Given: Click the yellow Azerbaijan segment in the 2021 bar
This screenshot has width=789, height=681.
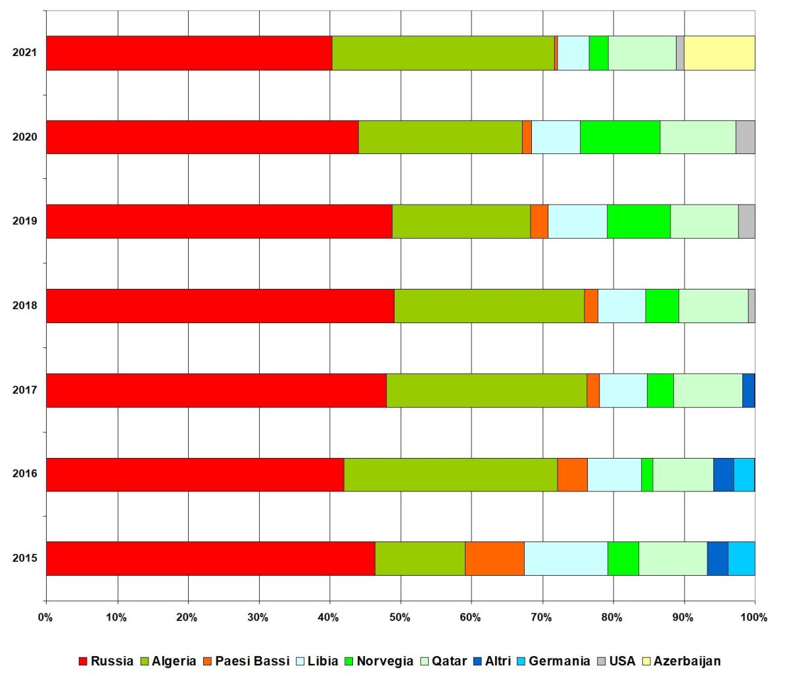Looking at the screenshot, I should tap(719, 53).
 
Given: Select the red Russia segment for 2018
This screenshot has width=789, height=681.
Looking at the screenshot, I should tap(220, 305).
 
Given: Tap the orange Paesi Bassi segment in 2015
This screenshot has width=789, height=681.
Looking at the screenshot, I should tap(494, 558).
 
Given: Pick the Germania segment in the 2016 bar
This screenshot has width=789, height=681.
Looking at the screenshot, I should tap(744, 474).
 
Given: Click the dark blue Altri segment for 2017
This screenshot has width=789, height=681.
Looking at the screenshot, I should tap(748, 390).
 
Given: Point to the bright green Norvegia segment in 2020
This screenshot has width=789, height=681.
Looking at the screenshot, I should tap(620, 137).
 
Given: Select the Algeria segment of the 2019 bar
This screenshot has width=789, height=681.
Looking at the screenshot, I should tap(461, 221).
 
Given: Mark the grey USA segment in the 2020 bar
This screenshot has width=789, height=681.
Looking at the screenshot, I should tap(745, 137).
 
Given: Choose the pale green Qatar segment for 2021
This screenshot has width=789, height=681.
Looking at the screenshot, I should tap(642, 53).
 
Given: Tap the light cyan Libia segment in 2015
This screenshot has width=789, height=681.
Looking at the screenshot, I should tap(565, 558).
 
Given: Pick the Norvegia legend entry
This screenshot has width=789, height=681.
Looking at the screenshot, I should tap(378, 661).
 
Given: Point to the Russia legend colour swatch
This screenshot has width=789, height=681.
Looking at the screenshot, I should tap(83, 661).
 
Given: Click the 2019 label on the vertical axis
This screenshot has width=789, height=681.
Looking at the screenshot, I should tap(25, 221).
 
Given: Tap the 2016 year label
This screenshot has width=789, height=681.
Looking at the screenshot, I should tap(25, 474).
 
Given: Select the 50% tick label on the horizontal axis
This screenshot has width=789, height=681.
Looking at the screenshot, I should tap(400, 618).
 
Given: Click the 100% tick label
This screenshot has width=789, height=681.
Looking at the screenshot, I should tap(753, 618).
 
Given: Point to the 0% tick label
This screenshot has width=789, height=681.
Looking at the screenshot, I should tap(45, 618).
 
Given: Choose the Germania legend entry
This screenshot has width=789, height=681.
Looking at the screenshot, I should tap(552, 661).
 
